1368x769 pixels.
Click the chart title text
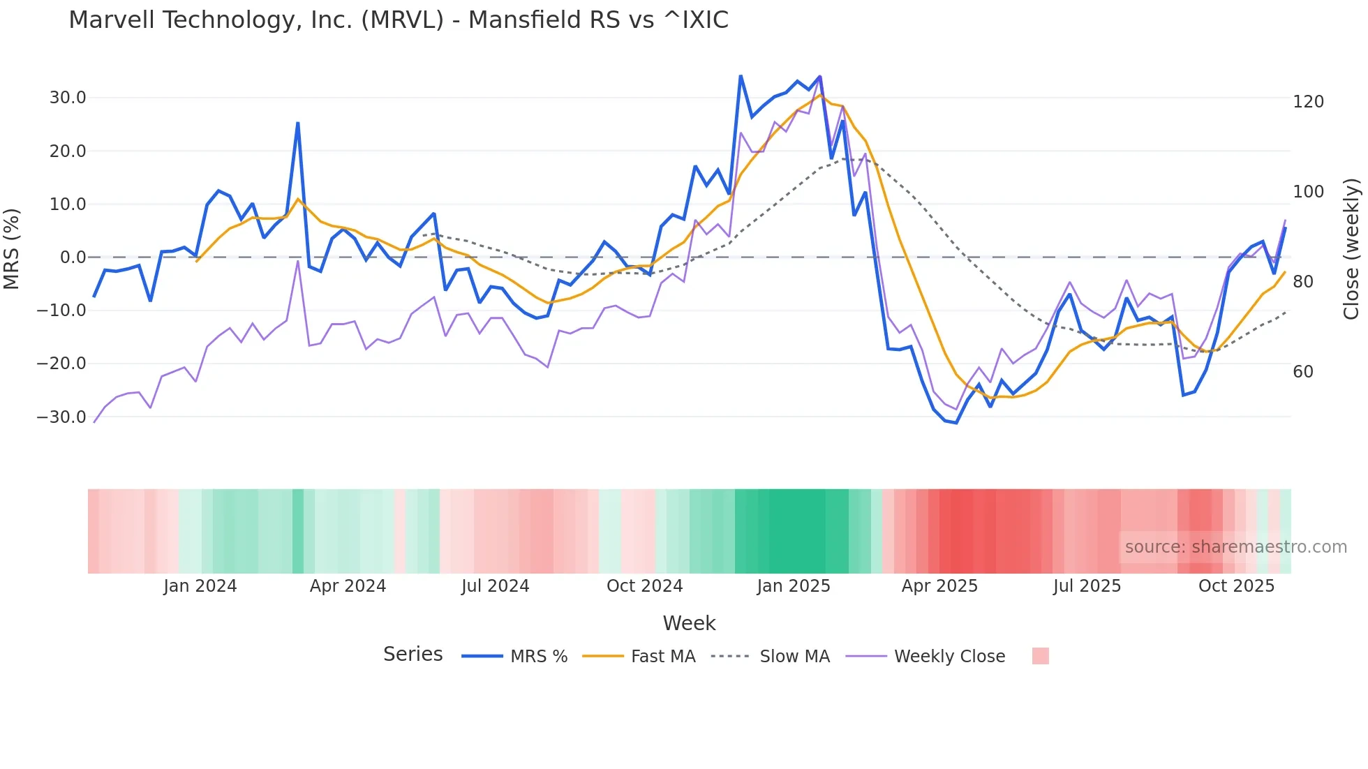point(399,20)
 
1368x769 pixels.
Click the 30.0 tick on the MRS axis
point(68,98)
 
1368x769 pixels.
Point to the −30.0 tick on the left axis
point(62,417)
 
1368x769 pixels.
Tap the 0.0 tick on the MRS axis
point(73,257)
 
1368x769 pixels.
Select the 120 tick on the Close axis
point(1308,102)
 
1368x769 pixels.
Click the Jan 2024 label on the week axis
point(200,586)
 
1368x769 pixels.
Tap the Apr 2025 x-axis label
point(939,586)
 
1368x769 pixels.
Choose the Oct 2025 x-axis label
point(1236,586)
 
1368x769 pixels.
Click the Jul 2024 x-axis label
point(495,586)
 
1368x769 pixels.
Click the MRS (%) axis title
point(12,248)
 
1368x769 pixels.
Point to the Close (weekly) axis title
point(1352,249)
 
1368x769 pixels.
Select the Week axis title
point(689,623)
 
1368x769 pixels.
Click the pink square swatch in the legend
point(1040,656)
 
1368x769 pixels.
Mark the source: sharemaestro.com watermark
point(1235,547)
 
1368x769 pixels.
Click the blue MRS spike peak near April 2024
point(298,124)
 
